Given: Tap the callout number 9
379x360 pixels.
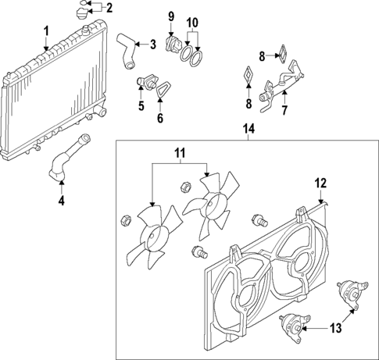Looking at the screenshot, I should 171,16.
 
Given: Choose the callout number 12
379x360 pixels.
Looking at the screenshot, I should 319,184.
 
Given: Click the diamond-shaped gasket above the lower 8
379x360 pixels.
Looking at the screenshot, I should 247,74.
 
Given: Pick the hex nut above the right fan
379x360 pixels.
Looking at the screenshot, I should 187,186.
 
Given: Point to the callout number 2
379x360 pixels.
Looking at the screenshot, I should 109,9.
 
